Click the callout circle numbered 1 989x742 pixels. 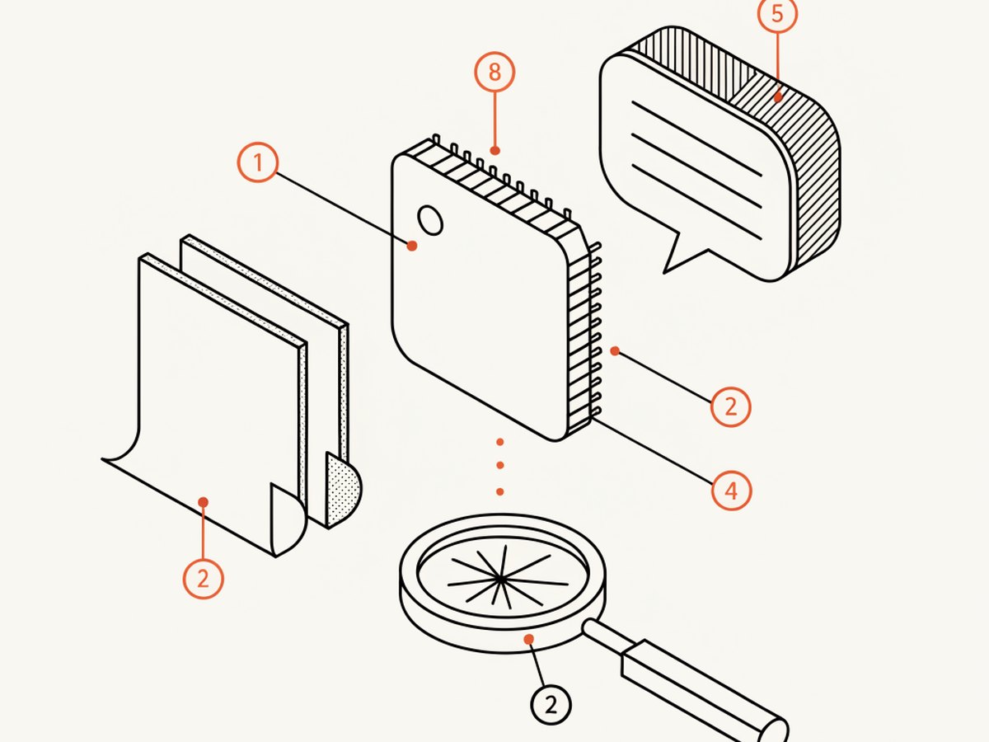click(258, 162)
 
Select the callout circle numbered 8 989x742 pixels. click(494, 72)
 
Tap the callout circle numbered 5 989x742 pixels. click(777, 13)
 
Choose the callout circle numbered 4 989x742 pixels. click(731, 491)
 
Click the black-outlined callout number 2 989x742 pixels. click(551, 705)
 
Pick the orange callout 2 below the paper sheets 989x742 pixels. click(204, 579)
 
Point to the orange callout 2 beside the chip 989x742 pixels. click(730, 406)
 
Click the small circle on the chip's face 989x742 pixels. click(430, 220)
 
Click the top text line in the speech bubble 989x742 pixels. click(697, 139)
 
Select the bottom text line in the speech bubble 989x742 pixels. click(697, 202)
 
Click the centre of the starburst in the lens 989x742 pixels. click(500, 578)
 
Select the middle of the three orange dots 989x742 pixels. click(499, 465)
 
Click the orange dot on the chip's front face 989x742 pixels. click(412, 246)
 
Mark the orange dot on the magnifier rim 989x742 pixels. click(529, 639)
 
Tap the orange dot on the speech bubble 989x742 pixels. click(778, 97)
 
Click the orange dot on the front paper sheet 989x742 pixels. click(204, 502)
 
